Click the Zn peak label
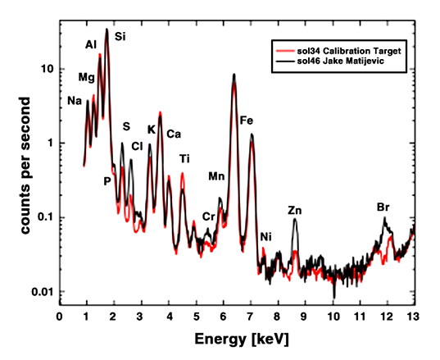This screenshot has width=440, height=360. pyautogui.click(x=295, y=211)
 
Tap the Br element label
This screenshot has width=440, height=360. pyautogui.click(x=383, y=206)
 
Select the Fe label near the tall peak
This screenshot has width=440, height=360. pyautogui.click(x=247, y=121)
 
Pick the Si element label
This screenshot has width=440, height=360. pyautogui.click(x=120, y=36)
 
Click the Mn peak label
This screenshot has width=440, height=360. pyautogui.click(x=217, y=175)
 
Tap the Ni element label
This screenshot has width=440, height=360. pyautogui.click(x=265, y=238)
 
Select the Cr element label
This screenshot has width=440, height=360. pyautogui.click(x=209, y=216)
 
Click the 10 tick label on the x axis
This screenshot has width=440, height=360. pyautogui.click(x=333, y=315)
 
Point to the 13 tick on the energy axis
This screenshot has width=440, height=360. pyautogui.click(x=415, y=315)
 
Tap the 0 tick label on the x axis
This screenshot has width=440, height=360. pyautogui.click(x=59, y=315)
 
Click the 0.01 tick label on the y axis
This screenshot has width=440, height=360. pyautogui.click(x=42, y=292)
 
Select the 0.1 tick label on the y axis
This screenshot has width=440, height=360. pyautogui.click(x=44, y=217)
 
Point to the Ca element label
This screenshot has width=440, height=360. pyautogui.click(x=174, y=134)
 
